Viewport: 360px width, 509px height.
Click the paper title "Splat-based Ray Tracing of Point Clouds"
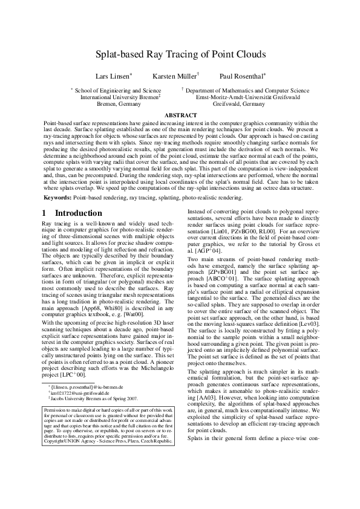coord(180,54)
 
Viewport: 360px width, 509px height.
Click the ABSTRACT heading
coord(180,115)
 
